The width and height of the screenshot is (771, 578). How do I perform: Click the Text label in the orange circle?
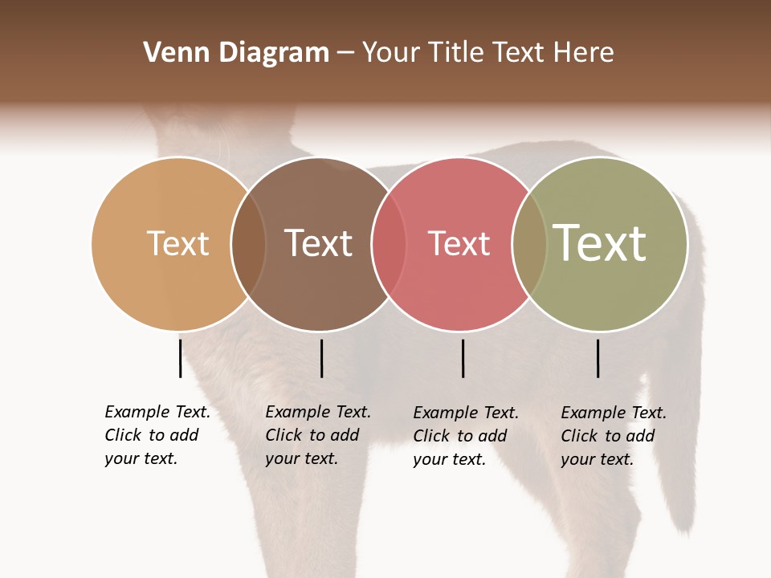(x=177, y=243)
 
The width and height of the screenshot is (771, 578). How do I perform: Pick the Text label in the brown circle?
(x=318, y=243)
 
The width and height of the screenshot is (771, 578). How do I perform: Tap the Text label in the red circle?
(x=459, y=243)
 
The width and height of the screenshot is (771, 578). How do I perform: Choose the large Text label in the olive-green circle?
(x=599, y=242)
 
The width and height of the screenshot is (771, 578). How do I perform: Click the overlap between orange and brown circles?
(x=248, y=243)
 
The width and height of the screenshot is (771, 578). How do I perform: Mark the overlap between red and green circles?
(x=529, y=243)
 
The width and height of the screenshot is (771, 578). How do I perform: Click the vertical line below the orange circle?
(x=180, y=358)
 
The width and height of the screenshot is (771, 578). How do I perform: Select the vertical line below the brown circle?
(x=321, y=358)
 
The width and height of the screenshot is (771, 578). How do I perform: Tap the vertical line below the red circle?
(x=463, y=358)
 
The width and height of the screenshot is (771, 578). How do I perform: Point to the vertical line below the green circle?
(x=598, y=358)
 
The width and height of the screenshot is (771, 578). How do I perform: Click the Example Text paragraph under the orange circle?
(x=157, y=435)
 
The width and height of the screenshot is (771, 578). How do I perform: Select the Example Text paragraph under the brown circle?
(x=318, y=435)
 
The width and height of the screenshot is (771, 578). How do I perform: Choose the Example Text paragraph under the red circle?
(x=466, y=436)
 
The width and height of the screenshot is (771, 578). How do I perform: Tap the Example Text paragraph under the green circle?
(x=614, y=436)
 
